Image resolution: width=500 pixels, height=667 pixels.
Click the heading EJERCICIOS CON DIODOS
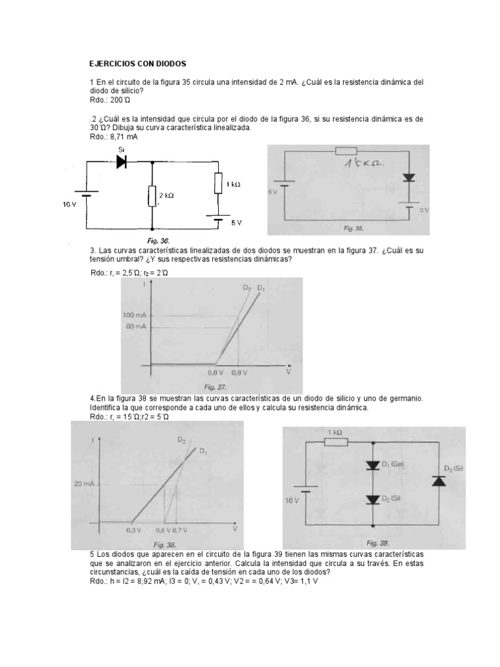[x=137, y=64]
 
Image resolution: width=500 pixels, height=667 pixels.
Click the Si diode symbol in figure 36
[x=120, y=163]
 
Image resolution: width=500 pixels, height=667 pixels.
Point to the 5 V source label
[x=237, y=222]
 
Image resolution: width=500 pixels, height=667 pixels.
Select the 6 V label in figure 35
[x=272, y=193]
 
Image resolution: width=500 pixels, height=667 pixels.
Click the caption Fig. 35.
[x=354, y=229]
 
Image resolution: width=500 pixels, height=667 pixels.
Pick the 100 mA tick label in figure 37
[x=135, y=315]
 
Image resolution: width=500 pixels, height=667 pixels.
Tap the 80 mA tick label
[x=137, y=326]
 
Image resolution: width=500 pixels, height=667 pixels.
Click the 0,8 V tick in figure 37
[x=240, y=374]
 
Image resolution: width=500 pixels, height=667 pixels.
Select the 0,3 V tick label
[x=133, y=532]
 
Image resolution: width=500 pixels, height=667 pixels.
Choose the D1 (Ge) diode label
[x=393, y=464]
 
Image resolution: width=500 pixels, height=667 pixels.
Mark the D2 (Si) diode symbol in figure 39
[x=372, y=500]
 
